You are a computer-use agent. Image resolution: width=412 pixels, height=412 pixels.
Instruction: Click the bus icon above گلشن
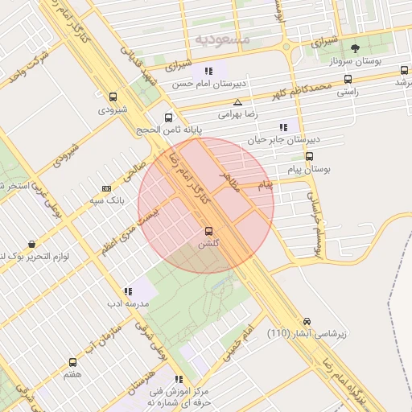click(x=209, y=230)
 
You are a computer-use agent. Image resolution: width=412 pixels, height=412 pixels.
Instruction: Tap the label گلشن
click(x=209, y=243)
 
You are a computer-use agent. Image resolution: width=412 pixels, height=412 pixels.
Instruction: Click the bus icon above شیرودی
click(x=112, y=97)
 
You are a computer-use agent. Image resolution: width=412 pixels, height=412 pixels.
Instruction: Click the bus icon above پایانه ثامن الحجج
click(x=168, y=117)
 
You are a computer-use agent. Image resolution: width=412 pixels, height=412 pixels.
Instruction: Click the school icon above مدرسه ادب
click(x=128, y=291)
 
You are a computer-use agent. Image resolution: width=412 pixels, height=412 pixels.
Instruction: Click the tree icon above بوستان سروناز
click(x=356, y=48)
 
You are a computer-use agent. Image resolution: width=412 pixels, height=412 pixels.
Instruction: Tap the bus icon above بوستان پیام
click(x=311, y=158)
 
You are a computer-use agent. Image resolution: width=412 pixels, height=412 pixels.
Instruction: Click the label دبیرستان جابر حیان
click(x=278, y=139)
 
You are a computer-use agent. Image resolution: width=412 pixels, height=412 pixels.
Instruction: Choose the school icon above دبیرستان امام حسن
click(x=209, y=71)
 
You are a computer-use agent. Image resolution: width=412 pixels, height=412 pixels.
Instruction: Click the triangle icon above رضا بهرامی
click(x=237, y=102)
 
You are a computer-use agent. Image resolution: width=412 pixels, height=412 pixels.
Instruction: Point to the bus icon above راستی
click(x=348, y=80)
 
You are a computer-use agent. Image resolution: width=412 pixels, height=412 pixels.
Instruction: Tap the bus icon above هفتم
click(x=73, y=363)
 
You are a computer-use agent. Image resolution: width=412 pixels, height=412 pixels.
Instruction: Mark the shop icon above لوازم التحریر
click(x=31, y=244)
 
